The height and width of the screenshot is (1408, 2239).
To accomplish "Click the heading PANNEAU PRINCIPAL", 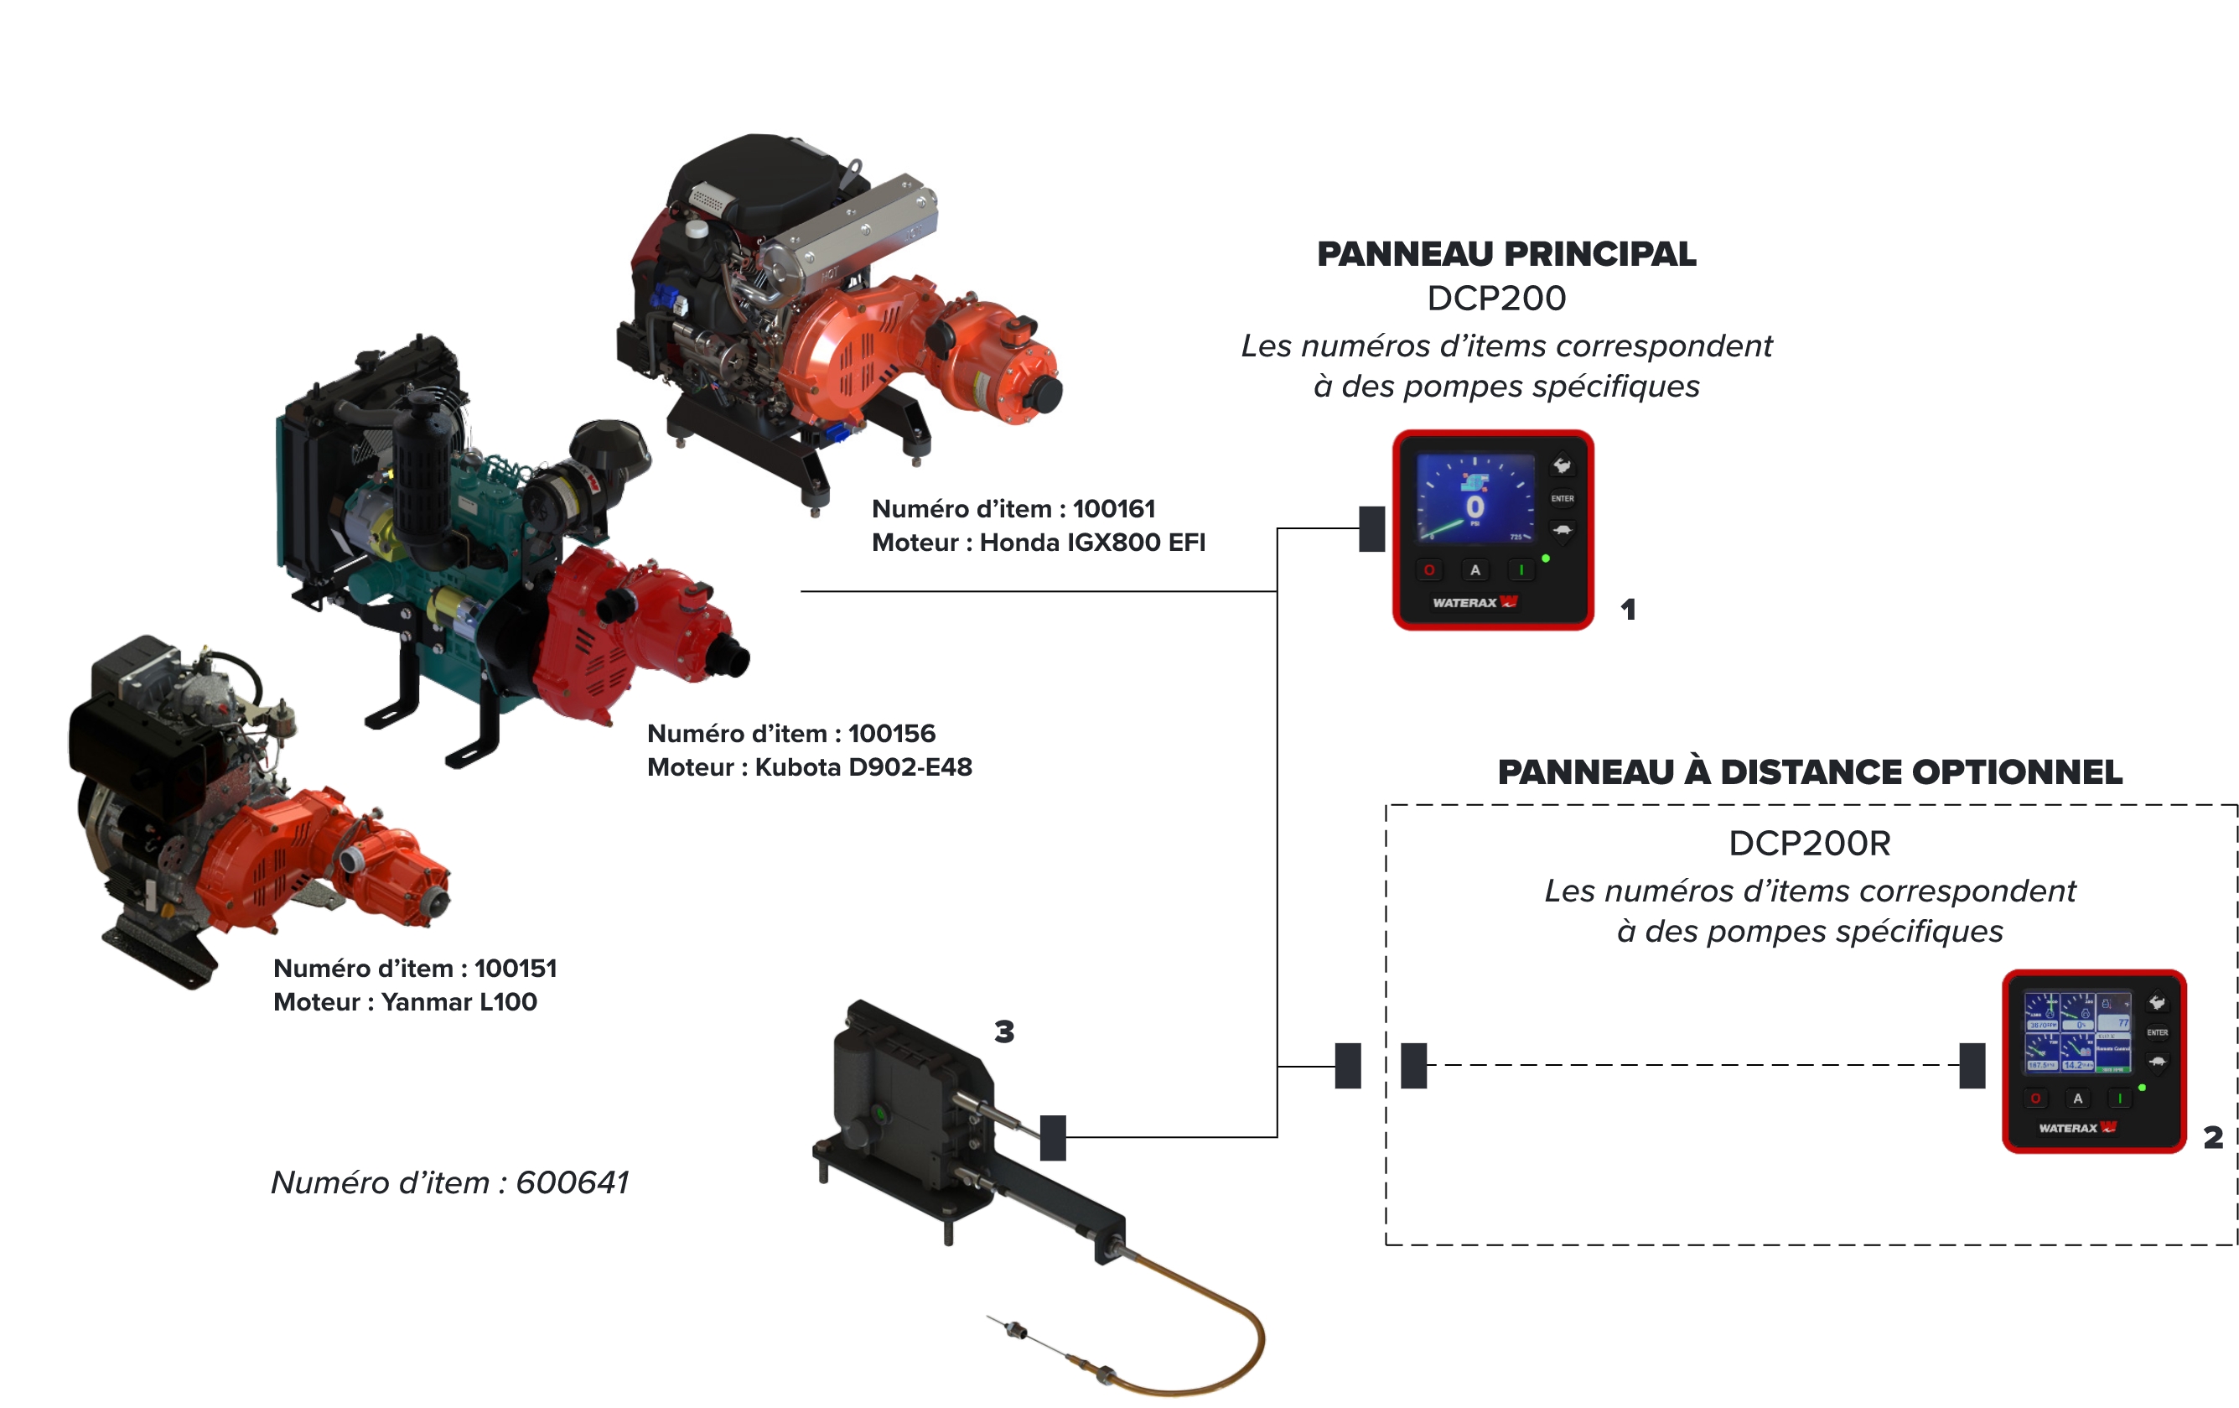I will point(1506,254).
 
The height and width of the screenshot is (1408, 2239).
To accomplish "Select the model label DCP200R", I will point(1808,844).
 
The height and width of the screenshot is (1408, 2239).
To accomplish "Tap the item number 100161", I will point(1114,509).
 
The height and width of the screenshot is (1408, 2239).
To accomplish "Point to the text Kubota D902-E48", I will point(863,767).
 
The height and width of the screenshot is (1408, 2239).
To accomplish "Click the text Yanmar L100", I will point(459,1001).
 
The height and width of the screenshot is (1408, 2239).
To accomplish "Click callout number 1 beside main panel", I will point(1627,609).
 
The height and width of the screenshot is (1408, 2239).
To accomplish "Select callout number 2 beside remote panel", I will point(2213,1136).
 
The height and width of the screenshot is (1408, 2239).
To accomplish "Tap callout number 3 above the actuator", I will point(1004,1031).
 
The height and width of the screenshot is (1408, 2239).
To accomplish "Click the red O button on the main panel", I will point(1429,570).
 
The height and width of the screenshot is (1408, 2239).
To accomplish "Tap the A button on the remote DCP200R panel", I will point(2077,1099).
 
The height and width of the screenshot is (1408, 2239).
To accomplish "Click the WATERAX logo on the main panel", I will point(1475,603).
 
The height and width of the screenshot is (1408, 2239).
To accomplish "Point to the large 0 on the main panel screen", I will point(1475,507).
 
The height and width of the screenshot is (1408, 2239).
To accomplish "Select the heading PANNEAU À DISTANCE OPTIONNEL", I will point(1810,772).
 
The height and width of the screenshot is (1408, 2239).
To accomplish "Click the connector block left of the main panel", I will point(1371,528).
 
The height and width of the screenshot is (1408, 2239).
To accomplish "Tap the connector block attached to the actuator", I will point(1053,1136).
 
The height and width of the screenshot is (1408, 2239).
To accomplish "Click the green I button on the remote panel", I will point(2119,1099).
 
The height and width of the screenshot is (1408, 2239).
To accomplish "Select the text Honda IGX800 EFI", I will point(1091,543).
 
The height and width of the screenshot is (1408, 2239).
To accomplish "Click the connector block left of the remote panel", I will point(1972,1065).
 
